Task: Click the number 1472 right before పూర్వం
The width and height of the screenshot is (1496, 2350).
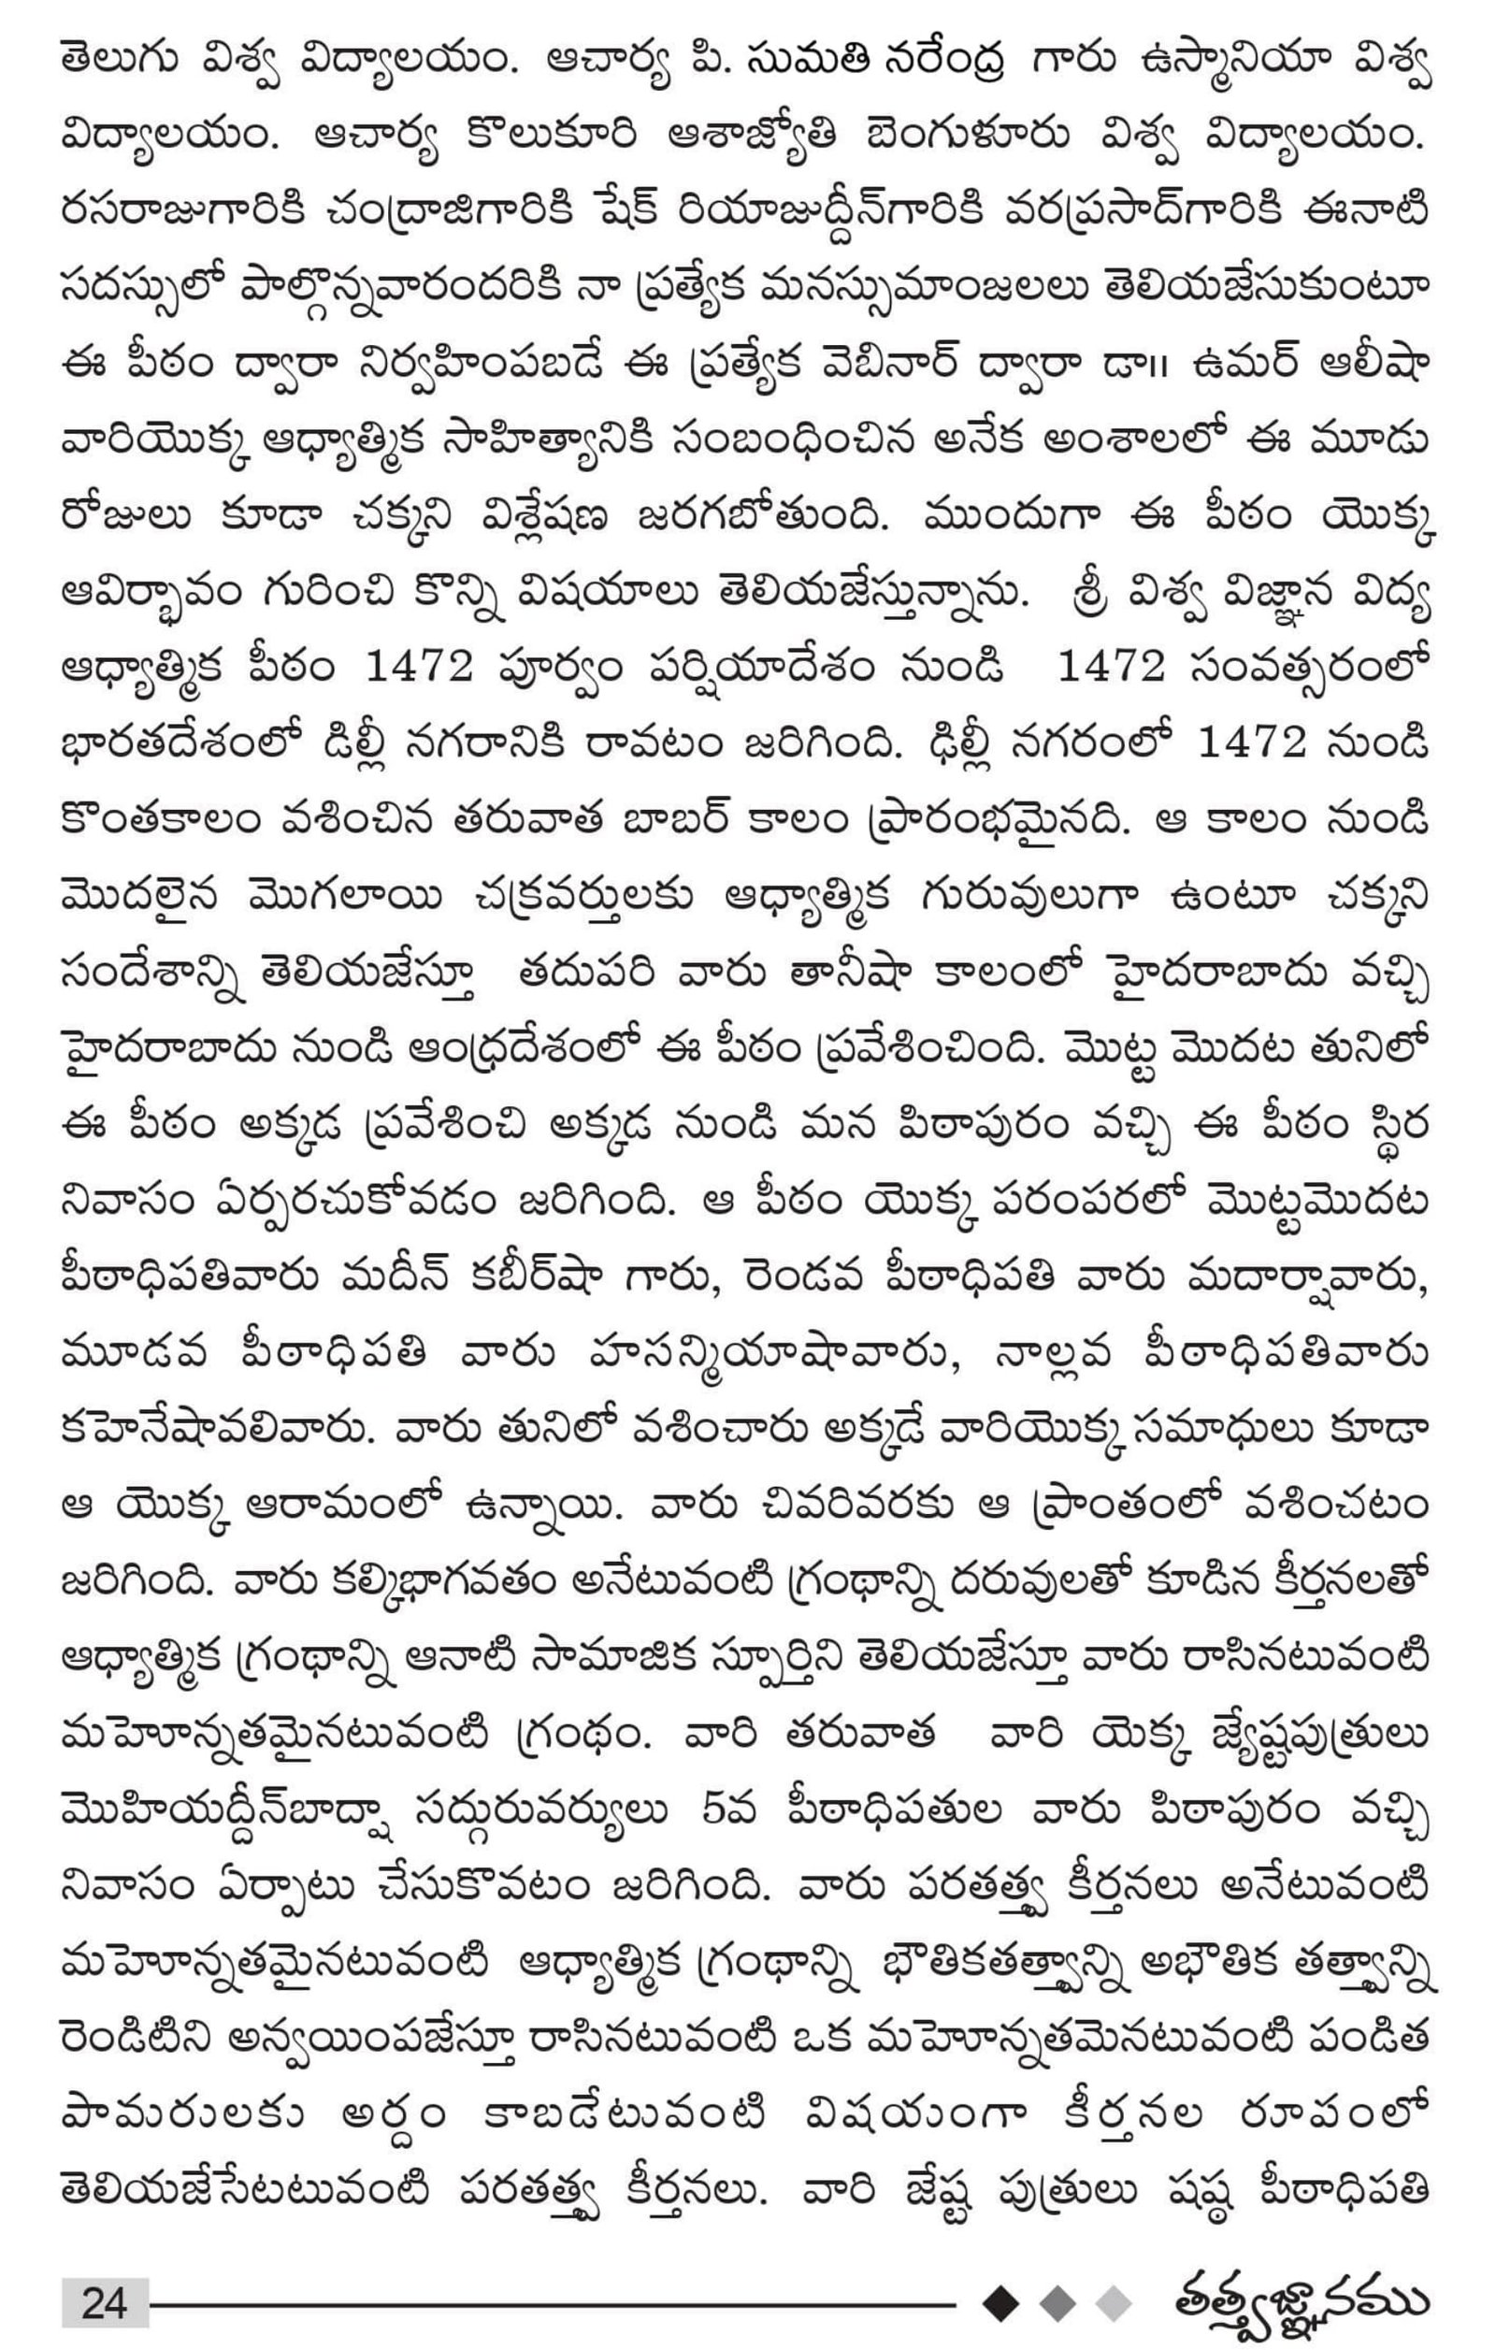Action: (x=419, y=668)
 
